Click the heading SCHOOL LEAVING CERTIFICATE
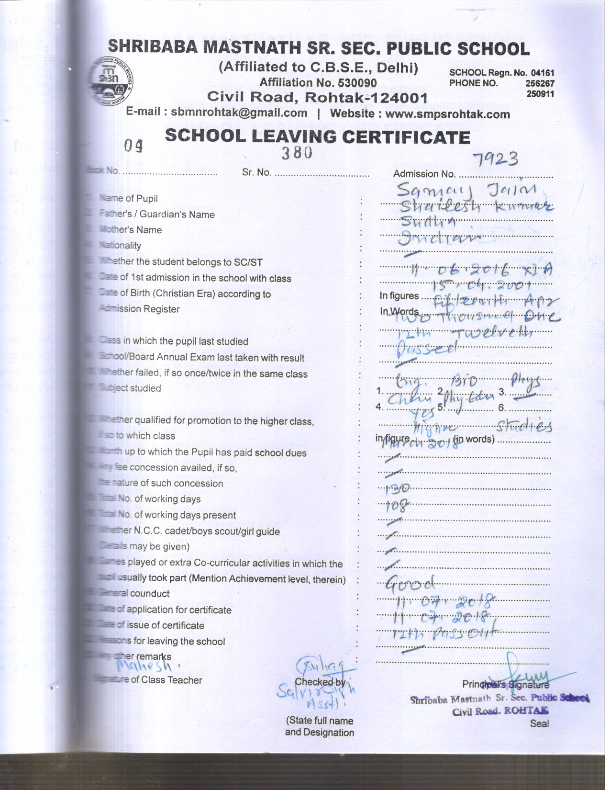[317, 137]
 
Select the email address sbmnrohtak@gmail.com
[239, 113]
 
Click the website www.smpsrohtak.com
[447, 114]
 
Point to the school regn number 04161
[543, 73]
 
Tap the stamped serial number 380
[297, 153]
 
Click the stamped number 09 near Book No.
[133, 147]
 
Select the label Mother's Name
[130, 230]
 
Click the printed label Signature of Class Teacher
[149, 680]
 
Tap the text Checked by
[320, 682]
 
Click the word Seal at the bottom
[539, 723]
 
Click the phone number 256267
[540, 83]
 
